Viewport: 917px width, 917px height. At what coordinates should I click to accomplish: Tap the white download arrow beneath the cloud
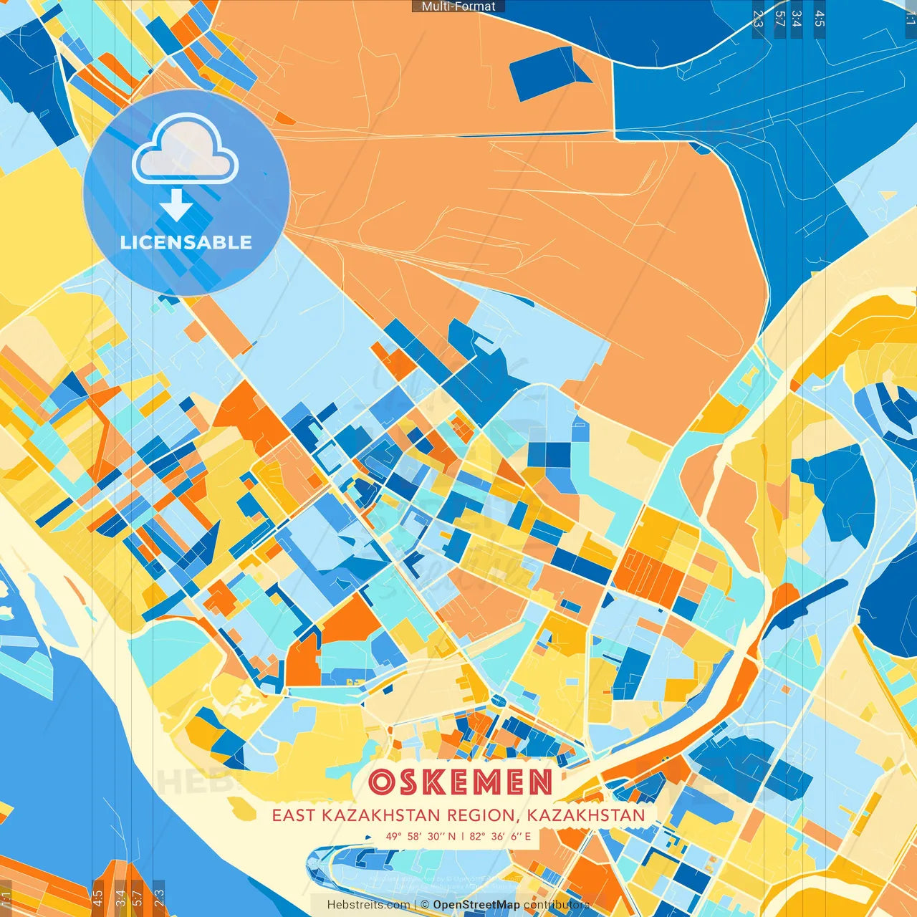176,206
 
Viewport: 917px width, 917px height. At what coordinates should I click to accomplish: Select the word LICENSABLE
186,242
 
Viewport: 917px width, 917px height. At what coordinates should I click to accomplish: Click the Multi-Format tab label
458,6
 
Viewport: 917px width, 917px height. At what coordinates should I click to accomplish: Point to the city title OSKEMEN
461,782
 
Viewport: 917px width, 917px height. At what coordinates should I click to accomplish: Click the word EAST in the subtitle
294,815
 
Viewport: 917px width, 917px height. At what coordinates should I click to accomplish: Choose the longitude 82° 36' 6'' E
501,836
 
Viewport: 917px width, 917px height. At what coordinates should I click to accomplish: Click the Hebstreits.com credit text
368,905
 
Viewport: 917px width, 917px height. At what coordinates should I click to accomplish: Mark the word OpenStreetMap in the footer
476,905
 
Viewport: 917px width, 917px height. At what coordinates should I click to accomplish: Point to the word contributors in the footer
557,905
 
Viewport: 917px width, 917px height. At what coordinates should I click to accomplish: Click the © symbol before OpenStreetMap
425,905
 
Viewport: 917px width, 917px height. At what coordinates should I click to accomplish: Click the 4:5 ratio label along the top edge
820,19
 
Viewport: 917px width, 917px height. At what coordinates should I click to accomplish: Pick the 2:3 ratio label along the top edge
758,19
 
